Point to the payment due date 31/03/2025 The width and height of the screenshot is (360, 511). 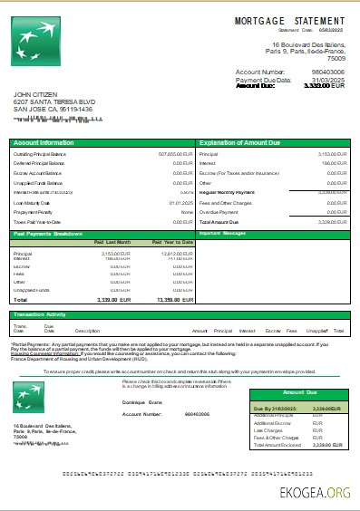pyautogui.click(x=328, y=79)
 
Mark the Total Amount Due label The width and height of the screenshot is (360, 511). pyautogui.click(x=219, y=221)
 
